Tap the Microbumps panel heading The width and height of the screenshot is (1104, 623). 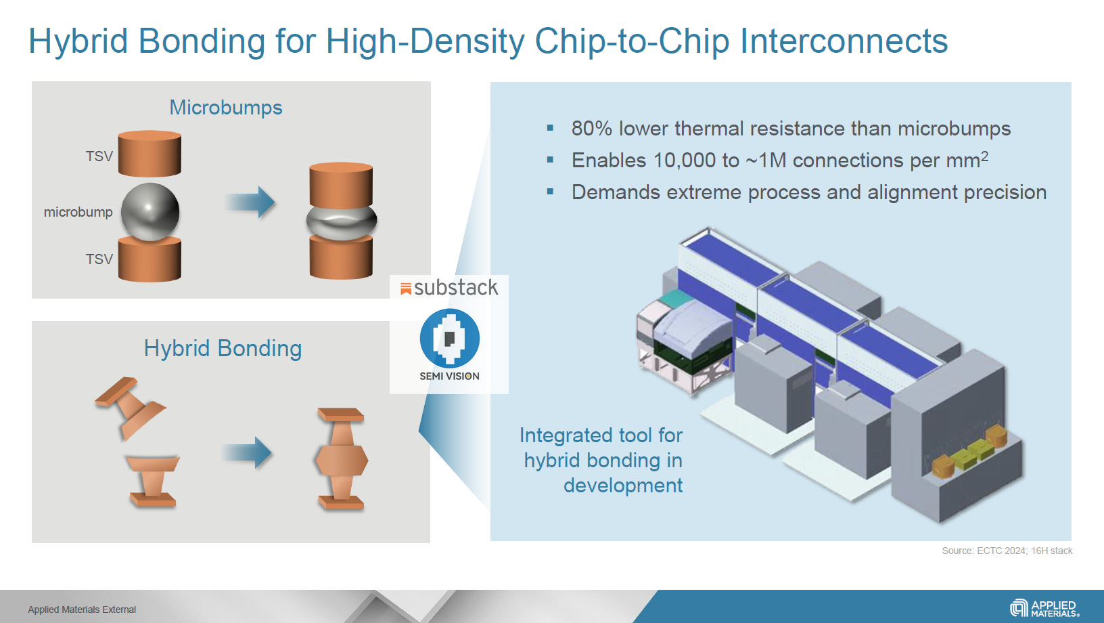click(x=225, y=108)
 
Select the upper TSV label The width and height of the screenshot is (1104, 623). click(x=99, y=156)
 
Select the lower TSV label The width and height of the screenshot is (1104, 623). click(x=99, y=259)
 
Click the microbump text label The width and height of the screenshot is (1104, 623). click(x=78, y=212)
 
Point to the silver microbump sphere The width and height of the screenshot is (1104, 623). click(x=150, y=212)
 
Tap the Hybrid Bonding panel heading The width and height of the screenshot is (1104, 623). click(x=223, y=349)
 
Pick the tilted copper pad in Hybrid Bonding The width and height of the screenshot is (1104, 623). click(x=131, y=406)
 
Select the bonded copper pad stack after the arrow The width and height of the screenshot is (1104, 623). click(x=342, y=458)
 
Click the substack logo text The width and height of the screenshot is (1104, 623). click(x=455, y=288)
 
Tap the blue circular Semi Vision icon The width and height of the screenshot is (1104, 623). click(x=449, y=338)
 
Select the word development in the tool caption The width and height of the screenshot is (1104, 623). click(x=622, y=486)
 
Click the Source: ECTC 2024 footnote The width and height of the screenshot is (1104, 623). click(x=1006, y=551)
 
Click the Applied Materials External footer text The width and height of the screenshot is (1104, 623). click(x=82, y=609)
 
